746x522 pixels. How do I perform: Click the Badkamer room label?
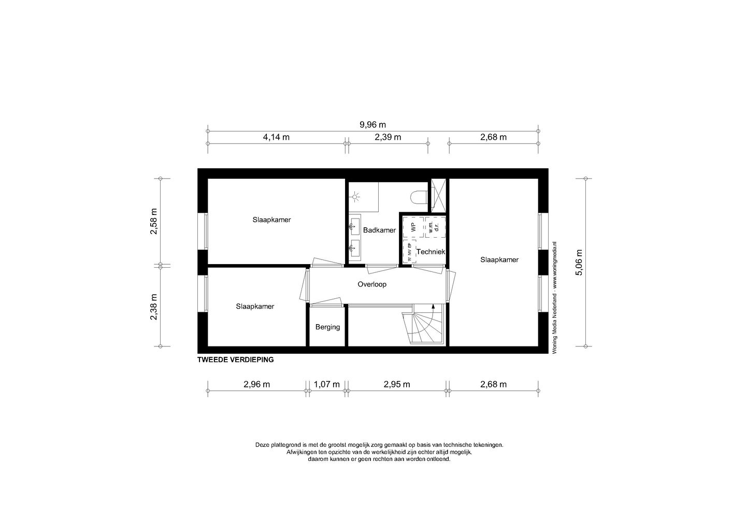379,230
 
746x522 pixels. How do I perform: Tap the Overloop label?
372,284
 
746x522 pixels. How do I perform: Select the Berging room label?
327,327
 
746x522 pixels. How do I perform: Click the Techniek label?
431,252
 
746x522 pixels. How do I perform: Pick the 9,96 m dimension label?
372,124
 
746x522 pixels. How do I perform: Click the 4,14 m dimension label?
276,137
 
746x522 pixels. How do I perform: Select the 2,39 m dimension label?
388,137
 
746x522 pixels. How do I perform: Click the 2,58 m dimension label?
154,222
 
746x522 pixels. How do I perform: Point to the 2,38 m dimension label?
154,307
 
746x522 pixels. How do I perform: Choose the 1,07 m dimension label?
327,384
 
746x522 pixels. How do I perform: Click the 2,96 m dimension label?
257,384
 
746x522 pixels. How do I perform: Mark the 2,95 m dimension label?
397,384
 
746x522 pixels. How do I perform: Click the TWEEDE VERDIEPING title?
236,359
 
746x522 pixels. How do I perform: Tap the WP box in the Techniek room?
413,227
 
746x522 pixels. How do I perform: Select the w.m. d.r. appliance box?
435,227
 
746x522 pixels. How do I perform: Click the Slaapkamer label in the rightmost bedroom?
499,259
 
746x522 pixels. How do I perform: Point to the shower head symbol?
355,196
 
